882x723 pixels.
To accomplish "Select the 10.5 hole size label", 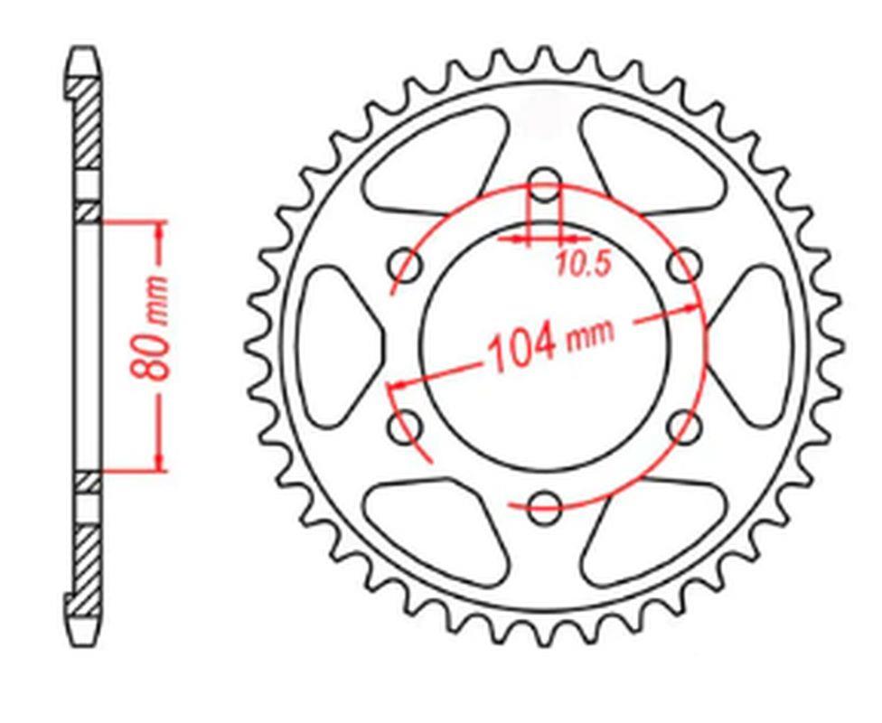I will (583, 263).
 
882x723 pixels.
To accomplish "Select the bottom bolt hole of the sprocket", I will (544, 507).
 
